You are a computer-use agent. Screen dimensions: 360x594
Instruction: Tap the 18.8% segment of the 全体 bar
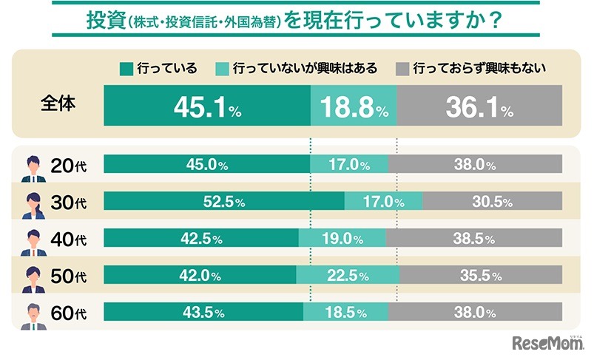[x=354, y=109]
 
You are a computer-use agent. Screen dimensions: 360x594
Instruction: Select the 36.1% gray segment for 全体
[x=479, y=109]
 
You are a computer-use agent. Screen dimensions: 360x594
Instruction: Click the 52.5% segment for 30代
[x=223, y=201]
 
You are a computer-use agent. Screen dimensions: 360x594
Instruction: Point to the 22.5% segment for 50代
[x=348, y=276]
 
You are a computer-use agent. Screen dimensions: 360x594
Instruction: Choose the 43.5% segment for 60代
[x=203, y=312]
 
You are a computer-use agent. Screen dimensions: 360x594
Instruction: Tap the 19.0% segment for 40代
[x=342, y=239]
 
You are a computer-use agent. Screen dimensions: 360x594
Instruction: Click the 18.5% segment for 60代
[x=345, y=312]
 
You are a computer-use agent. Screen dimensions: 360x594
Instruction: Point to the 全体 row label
[x=58, y=104]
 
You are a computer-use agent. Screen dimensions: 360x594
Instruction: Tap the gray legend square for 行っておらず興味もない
[x=402, y=69]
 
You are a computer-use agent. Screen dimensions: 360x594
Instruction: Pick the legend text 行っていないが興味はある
[x=305, y=69]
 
